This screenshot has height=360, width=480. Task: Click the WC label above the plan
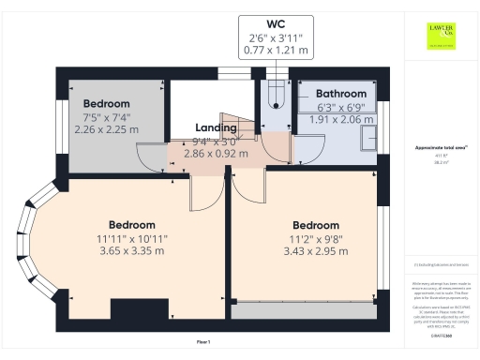(x=276, y=22)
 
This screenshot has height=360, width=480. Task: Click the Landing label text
(x=216, y=127)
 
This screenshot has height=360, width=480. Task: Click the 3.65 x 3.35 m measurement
(x=131, y=250)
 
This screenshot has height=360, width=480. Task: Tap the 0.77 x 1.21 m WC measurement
(x=276, y=49)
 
